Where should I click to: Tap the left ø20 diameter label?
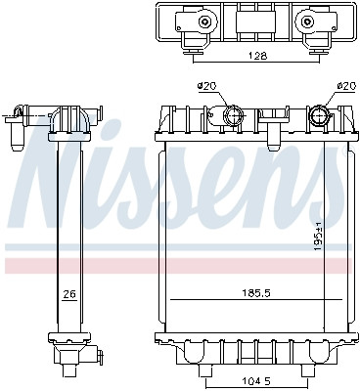point(206,88)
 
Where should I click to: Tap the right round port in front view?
point(320,117)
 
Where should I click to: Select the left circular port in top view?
point(202,22)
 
